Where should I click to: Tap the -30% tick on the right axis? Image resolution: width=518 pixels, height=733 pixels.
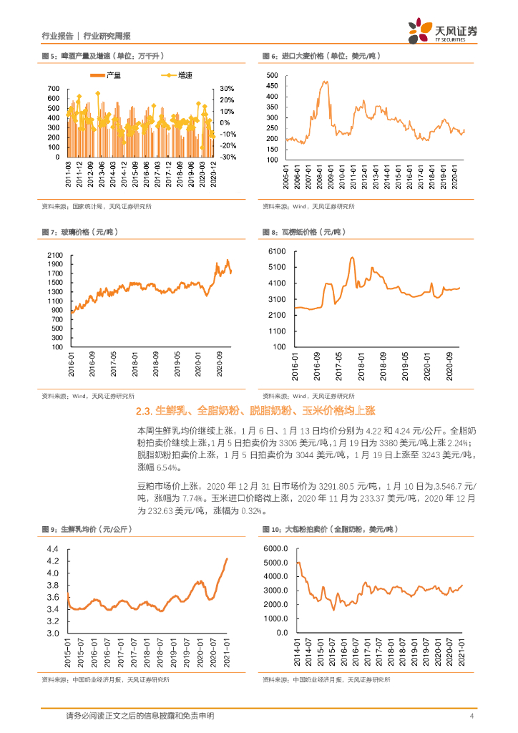pos(225,157)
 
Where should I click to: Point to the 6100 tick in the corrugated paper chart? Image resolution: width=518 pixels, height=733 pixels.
pos(276,251)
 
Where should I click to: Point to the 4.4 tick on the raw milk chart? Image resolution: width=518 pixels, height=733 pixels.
pos(53,548)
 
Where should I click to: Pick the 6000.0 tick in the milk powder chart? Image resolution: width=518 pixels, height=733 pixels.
pos(276,548)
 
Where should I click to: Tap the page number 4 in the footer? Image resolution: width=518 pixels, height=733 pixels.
pos(471,716)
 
